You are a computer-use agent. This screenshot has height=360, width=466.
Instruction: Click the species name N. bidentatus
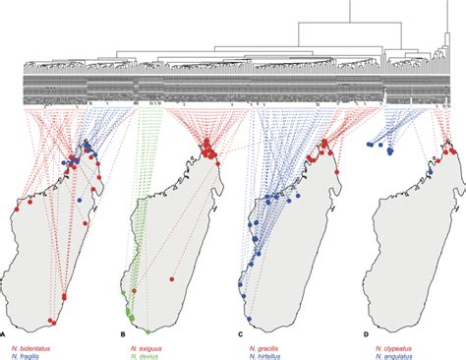[x=32, y=344]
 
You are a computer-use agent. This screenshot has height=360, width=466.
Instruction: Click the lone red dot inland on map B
[x=173, y=279]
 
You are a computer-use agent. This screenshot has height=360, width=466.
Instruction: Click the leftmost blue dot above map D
[x=370, y=145]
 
